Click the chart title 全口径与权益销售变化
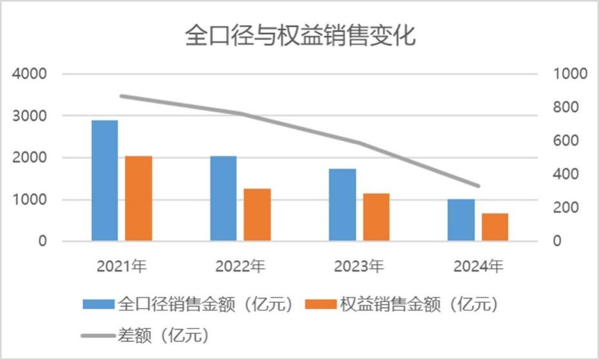[299, 35]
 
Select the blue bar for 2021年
[104, 180]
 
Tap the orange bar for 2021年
[138, 198]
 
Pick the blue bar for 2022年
[223, 198]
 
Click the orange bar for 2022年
[258, 215]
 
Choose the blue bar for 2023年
[343, 205]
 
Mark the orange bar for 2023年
[376, 217]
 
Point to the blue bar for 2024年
[461, 220]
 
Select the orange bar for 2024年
[495, 227]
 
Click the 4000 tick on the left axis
[30, 74]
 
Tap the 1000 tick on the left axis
[30, 200]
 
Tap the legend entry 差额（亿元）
[151, 336]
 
